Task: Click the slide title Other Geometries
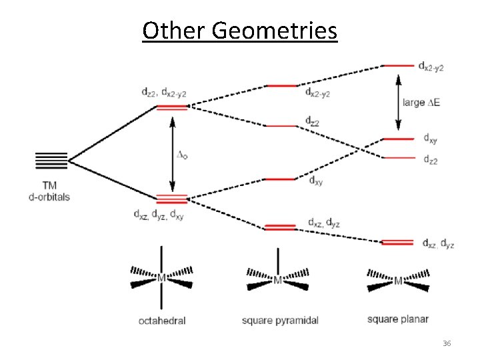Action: (x=240, y=31)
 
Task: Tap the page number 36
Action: (x=447, y=343)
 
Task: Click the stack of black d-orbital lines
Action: (x=51, y=161)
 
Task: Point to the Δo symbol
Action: (x=181, y=155)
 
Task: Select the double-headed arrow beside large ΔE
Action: (x=399, y=102)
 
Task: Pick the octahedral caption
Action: (x=161, y=320)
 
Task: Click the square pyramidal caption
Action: (x=280, y=320)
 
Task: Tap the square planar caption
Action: (x=398, y=319)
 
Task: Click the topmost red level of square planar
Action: (x=399, y=65)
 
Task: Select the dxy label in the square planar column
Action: (x=431, y=139)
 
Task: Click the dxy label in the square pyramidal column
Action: (x=315, y=181)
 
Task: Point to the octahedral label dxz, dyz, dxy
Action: (x=159, y=215)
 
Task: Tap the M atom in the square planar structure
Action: (x=399, y=281)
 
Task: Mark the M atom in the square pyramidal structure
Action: (x=277, y=280)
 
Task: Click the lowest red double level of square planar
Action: (x=399, y=242)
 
